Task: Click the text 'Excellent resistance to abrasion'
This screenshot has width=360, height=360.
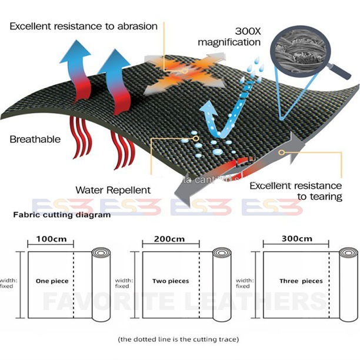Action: tap(84, 26)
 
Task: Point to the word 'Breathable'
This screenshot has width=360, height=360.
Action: tap(35, 139)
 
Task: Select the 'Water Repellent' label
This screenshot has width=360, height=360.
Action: tap(113, 190)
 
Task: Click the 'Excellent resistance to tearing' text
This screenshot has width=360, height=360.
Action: tap(296, 191)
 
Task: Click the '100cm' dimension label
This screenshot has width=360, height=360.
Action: tap(49, 239)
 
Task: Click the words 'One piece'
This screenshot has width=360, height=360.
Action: tap(52, 281)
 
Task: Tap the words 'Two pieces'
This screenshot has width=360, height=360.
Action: tap(171, 281)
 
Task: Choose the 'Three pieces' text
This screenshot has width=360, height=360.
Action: tap(301, 281)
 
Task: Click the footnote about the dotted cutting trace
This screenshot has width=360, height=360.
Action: tap(178, 339)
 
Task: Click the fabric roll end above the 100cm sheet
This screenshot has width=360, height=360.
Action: tap(101, 254)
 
